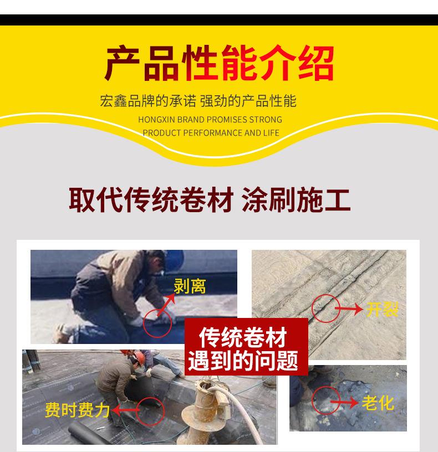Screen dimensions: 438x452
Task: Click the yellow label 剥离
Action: click(x=190, y=286)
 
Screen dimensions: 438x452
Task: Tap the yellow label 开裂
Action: click(x=382, y=309)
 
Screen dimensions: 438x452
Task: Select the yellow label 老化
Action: click(x=378, y=403)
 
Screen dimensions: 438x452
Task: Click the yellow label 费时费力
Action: click(x=77, y=410)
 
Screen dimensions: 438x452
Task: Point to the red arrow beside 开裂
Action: click(x=349, y=309)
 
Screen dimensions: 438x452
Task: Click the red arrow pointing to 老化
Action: click(x=344, y=402)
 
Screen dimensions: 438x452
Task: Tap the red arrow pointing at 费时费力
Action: click(x=125, y=410)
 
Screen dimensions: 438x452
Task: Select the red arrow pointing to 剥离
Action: click(x=166, y=305)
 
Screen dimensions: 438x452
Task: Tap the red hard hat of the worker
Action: click(x=140, y=357)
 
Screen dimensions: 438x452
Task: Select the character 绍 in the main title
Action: click(x=316, y=63)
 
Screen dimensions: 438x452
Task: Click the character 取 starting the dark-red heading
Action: click(x=82, y=200)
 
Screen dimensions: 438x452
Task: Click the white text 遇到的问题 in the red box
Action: click(x=243, y=361)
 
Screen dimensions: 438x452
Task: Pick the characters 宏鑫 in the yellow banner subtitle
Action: click(x=114, y=101)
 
